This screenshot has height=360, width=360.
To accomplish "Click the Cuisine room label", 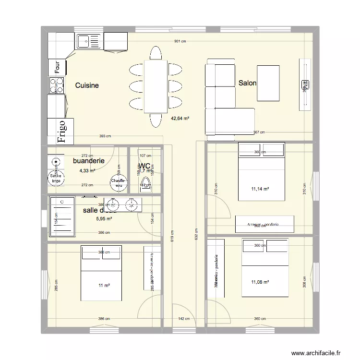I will (87, 85).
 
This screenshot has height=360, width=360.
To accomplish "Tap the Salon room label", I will (247, 83).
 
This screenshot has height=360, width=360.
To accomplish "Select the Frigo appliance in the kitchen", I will (61, 132).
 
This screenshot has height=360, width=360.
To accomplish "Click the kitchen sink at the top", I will (89, 41).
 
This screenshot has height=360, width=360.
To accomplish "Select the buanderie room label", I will (89, 161).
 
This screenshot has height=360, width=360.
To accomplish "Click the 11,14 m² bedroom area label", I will (260, 189).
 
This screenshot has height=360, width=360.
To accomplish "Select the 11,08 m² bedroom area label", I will (260, 283).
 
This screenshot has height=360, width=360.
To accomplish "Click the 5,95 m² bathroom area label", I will (104, 219).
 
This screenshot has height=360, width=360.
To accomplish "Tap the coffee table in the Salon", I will (268, 83).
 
